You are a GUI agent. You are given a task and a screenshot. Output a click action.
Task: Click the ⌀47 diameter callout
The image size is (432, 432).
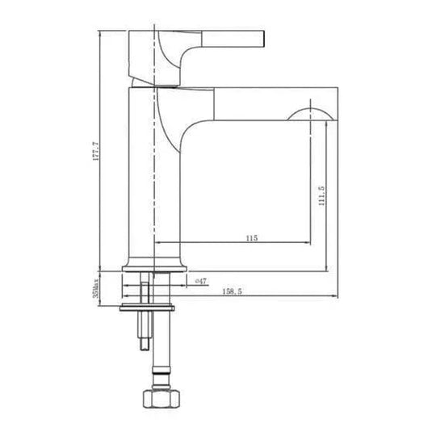tap(201, 280)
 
